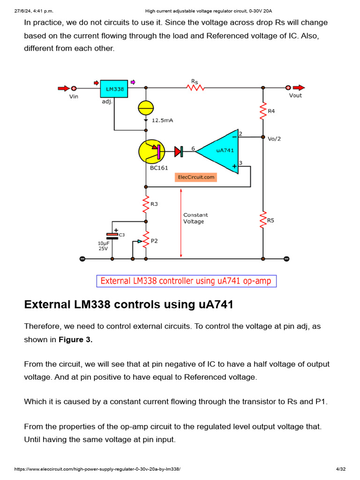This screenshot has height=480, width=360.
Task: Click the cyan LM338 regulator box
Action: pos(113,89)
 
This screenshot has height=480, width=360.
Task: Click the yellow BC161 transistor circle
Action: pos(151,151)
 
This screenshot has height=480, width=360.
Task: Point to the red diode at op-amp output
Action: pos(179,151)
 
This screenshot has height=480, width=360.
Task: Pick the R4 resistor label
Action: pos(271,111)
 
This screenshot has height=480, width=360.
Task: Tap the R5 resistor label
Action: pos(270,220)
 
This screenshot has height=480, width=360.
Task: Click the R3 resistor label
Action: pos(154,204)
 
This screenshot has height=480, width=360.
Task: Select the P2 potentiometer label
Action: pos(154,240)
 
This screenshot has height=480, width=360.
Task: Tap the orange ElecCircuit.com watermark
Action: pos(196,177)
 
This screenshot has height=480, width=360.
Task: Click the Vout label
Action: pos(296,95)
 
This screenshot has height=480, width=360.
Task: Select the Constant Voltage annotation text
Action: pos(195,218)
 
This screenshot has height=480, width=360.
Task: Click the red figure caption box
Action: pos(187,281)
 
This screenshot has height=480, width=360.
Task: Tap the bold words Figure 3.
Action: pos(75,340)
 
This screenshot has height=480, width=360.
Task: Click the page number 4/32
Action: pos(341,469)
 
